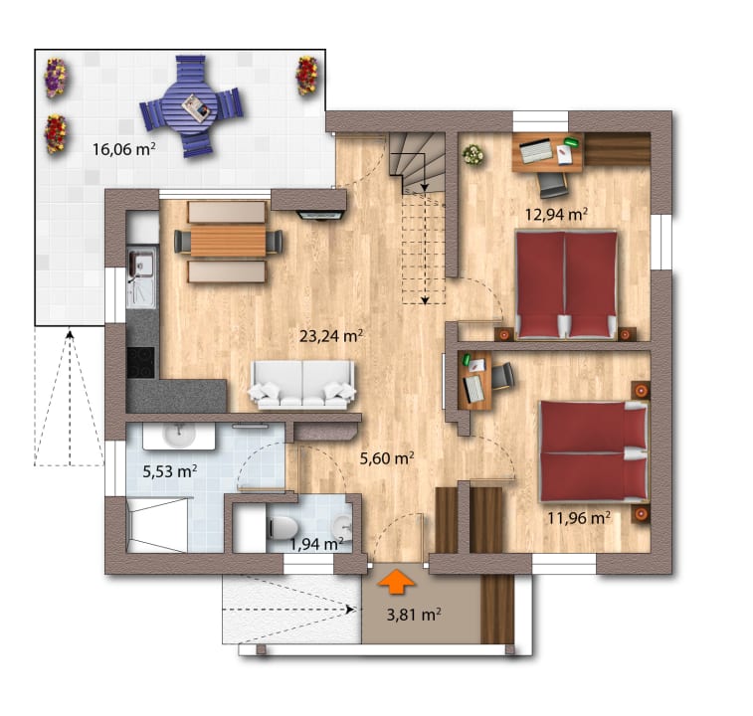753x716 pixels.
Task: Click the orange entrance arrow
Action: pyautogui.click(x=397, y=579)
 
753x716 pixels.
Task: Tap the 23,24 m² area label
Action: pyautogui.click(x=330, y=336)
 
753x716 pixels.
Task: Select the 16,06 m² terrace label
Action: pyautogui.click(x=123, y=150)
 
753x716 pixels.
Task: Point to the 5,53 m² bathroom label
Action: pyautogui.click(x=169, y=471)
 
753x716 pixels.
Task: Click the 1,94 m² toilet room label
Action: pyautogui.click(x=316, y=543)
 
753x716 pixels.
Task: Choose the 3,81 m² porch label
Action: pyautogui.click(x=414, y=614)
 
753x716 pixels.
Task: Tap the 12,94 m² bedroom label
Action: pyautogui.click(x=556, y=213)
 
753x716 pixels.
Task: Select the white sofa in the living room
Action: pyautogui.click(x=303, y=384)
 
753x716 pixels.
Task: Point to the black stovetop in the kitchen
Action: pyautogui.click(x=140, y=361)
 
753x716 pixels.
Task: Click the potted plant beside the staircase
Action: pyautogui.click(x=472, y=154)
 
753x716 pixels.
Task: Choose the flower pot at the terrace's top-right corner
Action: pyautogui.click(x=306, y=75)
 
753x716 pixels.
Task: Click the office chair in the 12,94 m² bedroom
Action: pyautogui.click(x=554, y=184)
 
